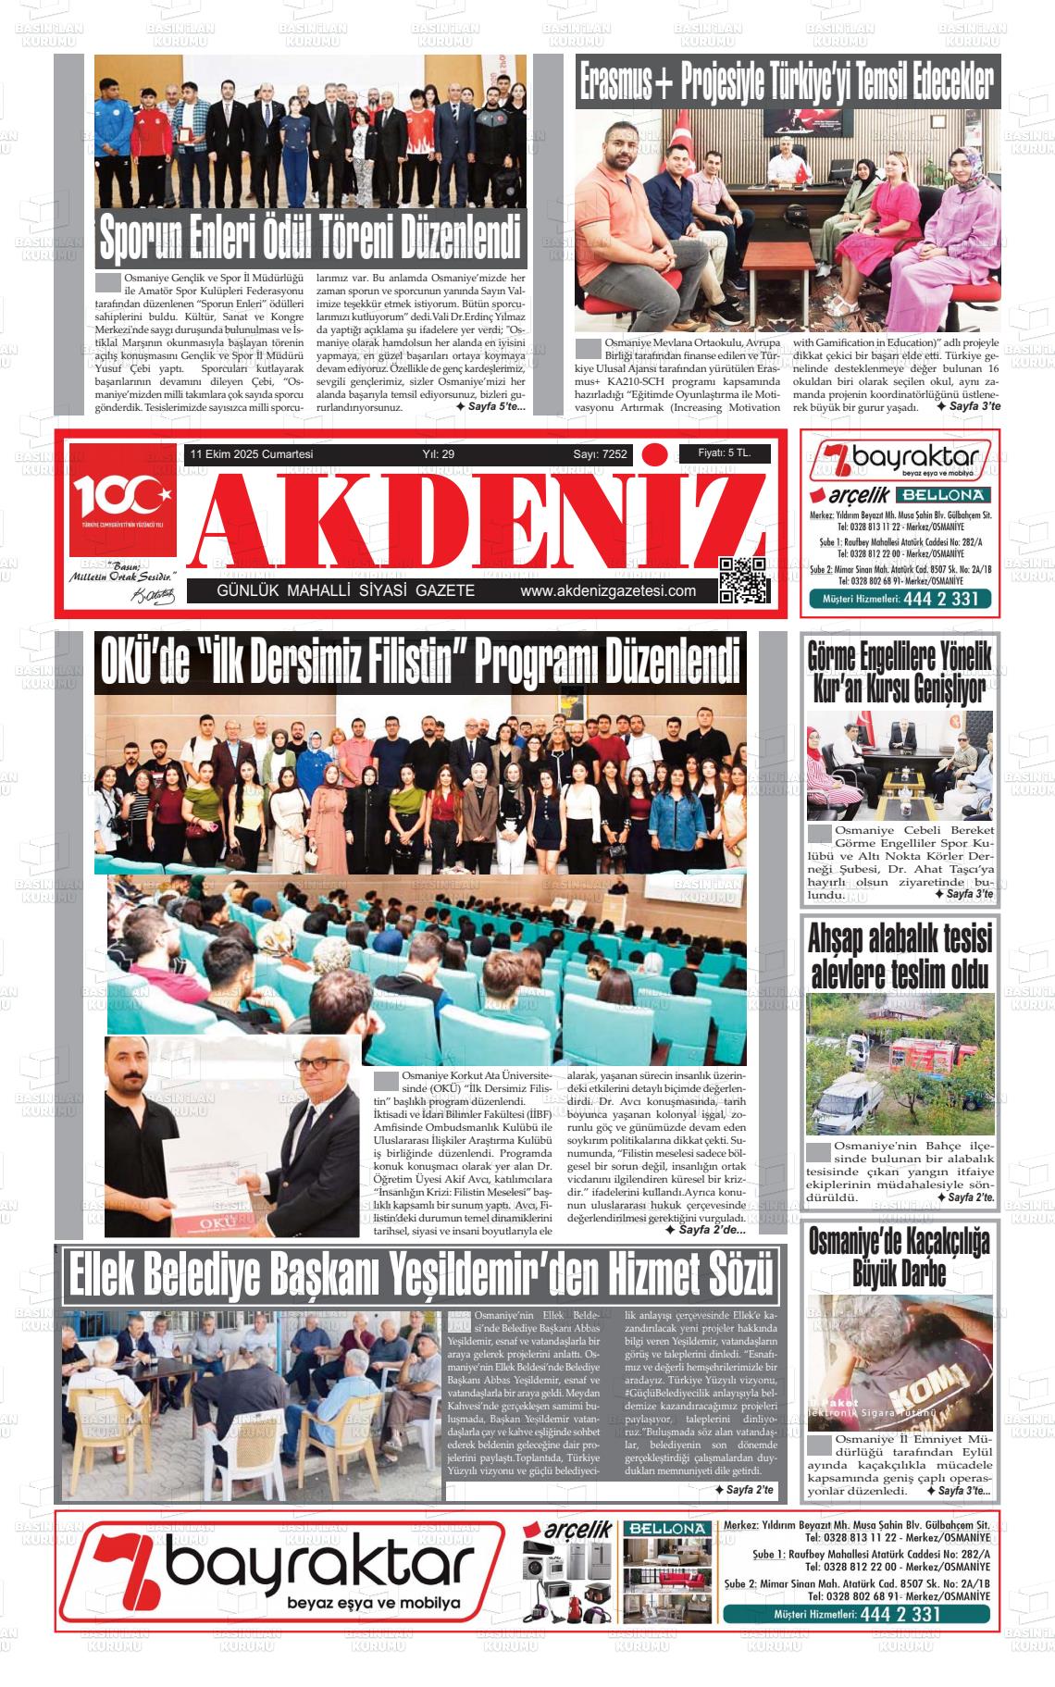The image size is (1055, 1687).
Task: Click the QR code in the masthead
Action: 743,580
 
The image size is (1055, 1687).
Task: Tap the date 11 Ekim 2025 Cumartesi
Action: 252,454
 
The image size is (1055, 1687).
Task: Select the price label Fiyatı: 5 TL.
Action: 724,453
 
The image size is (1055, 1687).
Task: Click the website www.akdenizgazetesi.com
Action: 608,591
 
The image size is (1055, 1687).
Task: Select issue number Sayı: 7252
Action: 600,454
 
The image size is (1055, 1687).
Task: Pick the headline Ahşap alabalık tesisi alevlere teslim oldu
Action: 899,956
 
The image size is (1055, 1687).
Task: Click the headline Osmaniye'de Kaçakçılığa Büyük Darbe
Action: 899,1258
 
